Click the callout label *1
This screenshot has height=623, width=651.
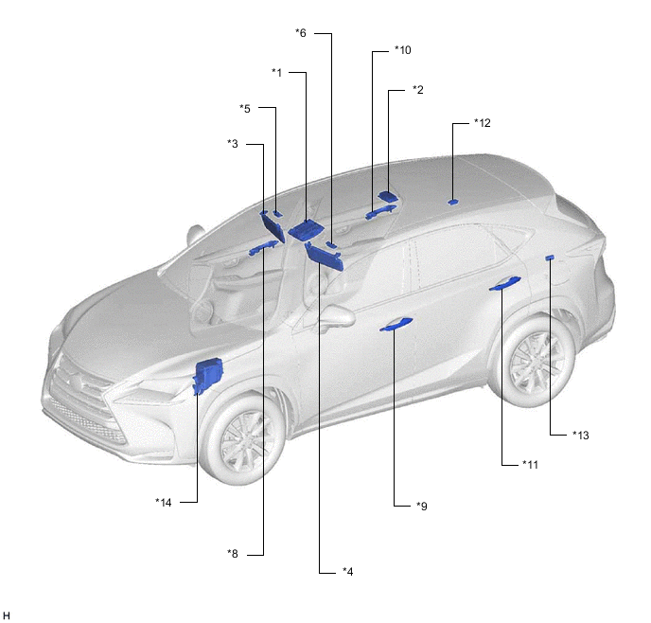pos(277,73)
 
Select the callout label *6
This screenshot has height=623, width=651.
pos(301,33)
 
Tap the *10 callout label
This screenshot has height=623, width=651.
pos(403,50)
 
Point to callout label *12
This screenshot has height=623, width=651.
pos(483,123)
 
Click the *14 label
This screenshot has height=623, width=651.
pos(163,503)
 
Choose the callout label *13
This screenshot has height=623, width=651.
pos(580,436)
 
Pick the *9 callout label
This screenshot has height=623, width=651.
pos(421,507)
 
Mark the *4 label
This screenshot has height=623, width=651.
pos(348,572)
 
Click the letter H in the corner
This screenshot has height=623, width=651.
pos(6,616)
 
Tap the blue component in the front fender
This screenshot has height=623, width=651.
pos(208,376)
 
